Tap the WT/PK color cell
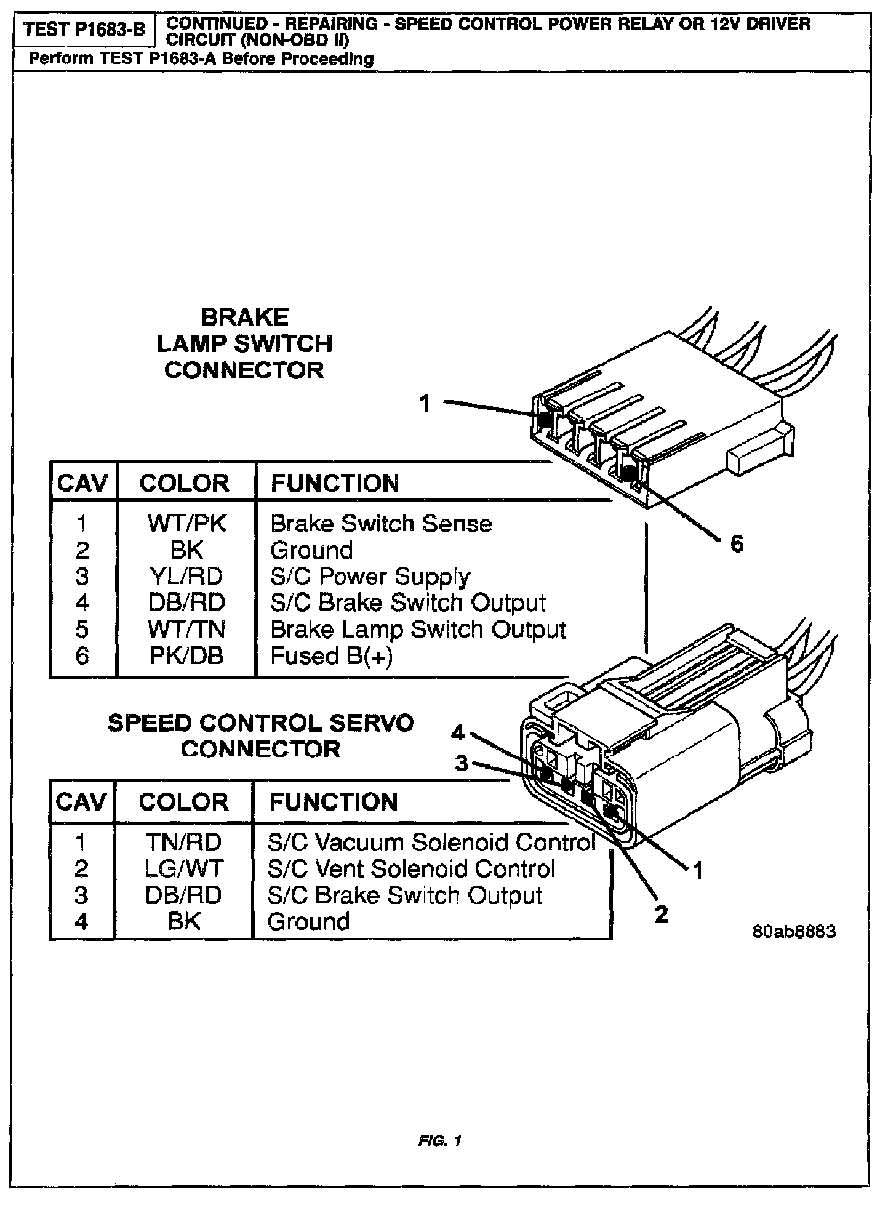point(186,524)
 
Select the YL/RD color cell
point(186,577)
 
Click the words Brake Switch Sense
point(381,524)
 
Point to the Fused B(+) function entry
point(331,656)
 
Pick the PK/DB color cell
point(186,656)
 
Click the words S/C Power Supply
point(370,577)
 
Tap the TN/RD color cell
point(183,842)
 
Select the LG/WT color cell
point(183,868)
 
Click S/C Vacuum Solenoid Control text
point(431,842)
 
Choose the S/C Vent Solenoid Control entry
point(411,868)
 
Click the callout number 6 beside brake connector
point(737,544)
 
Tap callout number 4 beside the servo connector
point(457,732)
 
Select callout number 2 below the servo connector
point(661,915)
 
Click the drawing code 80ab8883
point(794,931)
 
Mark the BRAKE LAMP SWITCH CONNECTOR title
point(244,344)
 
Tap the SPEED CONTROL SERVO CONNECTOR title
point(261,736)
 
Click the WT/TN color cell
point(186,630)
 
